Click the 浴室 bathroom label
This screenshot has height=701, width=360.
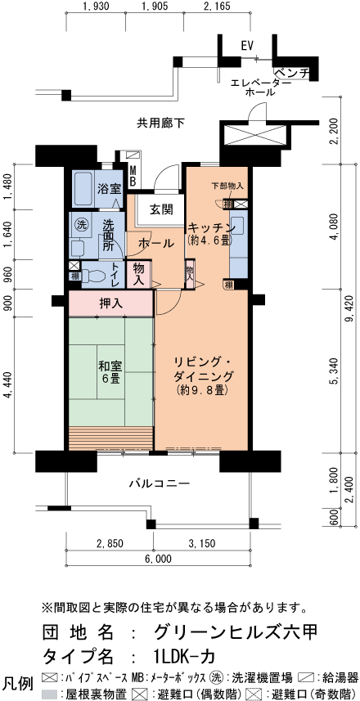pos(110,188)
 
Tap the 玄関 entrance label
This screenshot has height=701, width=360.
pos(160,209)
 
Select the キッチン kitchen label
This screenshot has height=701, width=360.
pos(211,227)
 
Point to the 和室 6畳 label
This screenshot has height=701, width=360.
pos(110,372)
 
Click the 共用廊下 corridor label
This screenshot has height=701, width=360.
pos(160,123)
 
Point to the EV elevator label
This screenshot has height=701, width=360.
pos(248,46)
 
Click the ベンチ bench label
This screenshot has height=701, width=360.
pos(291,73)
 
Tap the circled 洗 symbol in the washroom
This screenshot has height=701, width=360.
pos(80,224)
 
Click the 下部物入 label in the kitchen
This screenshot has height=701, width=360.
pos(227,186)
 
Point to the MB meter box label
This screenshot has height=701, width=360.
pos(133,175)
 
